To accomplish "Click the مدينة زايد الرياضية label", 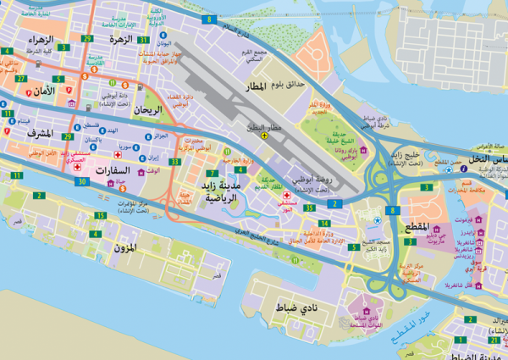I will tap(218, 190).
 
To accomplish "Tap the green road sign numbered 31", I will tap(144, 40).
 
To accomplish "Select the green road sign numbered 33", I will tap(174, 161).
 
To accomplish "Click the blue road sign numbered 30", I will tap(81, 181).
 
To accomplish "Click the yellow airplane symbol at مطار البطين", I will tap(265, 134).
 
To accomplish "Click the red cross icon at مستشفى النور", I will tap(287, 196).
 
